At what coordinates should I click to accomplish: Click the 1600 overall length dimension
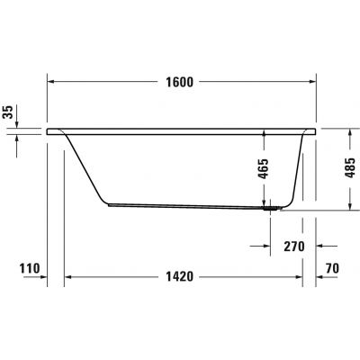(180, 81)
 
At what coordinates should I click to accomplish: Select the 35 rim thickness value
(8, 112)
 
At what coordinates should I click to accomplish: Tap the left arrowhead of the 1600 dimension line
(50, 81)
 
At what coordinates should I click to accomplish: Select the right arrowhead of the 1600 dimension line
(311, 81)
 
